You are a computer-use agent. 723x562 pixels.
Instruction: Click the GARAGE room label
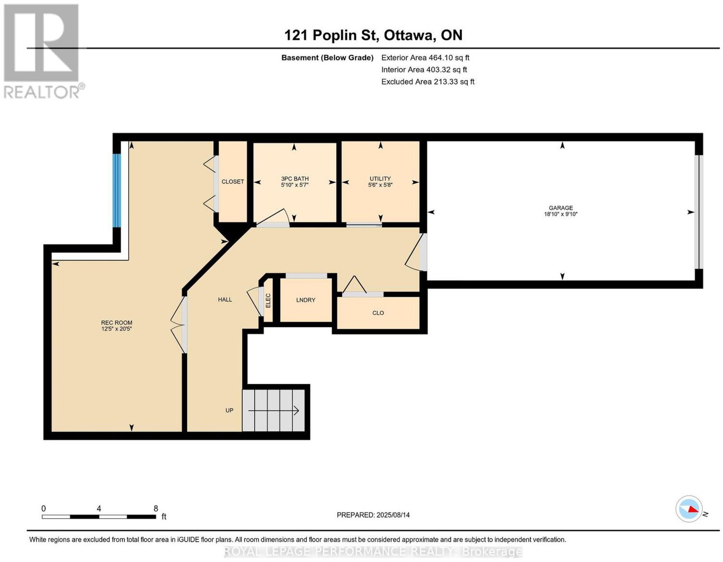(561, 208)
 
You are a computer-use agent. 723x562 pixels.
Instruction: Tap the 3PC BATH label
(295, 179)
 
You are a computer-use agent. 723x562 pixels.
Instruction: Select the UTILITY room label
(380, 179)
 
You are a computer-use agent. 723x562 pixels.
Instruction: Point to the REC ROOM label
(117, 322)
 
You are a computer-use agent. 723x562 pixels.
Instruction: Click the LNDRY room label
(305, 300)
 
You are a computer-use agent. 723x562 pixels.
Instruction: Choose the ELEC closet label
(268, 301)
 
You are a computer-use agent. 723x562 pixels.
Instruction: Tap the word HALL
(225, 299)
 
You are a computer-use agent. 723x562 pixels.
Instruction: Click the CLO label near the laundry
(378, 313)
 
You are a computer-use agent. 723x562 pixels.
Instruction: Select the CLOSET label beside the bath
(233, 181)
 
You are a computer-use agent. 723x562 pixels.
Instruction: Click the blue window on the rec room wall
(117, 190)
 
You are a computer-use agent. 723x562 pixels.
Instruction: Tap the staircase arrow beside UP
(273, 411)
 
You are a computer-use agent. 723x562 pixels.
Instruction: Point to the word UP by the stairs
(229, 410)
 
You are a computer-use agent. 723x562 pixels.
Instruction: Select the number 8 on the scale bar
(156, 509)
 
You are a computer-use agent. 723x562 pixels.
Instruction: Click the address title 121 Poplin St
(331, 35)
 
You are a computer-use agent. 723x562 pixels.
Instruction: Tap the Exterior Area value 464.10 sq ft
(449, 57)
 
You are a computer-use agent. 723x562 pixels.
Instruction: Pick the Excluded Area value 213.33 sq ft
(454, 81)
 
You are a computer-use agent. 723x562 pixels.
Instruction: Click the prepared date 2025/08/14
(393, 515)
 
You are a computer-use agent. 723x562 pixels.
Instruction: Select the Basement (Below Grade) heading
(328, 57)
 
